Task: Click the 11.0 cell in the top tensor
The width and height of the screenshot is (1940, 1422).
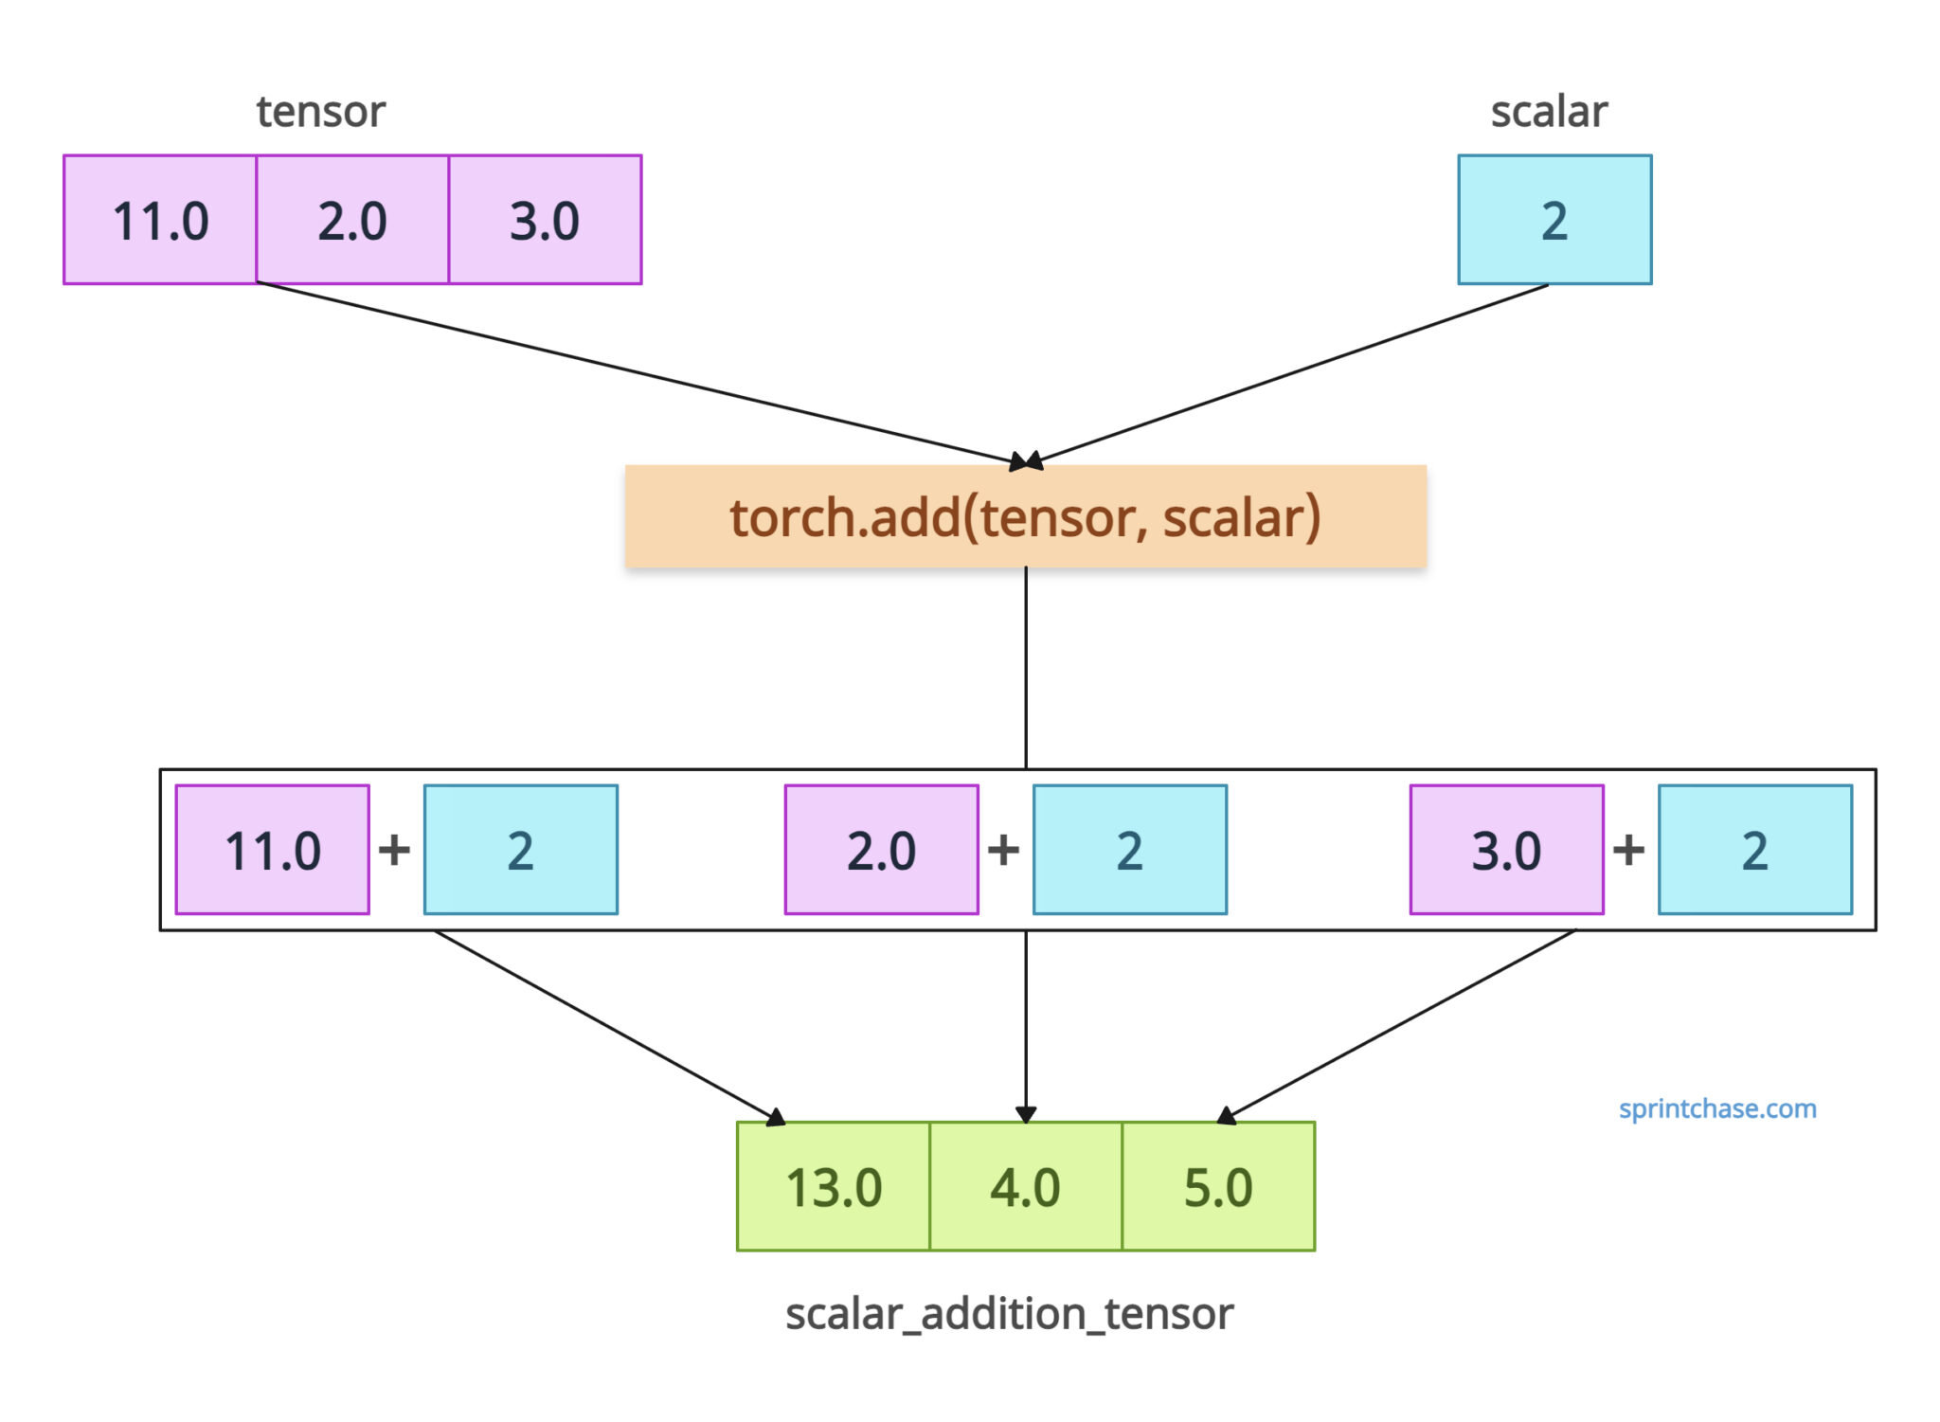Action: [160, 220]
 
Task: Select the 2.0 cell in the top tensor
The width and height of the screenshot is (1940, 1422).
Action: [352, 220]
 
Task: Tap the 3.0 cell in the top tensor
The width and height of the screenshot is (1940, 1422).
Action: [546, 220]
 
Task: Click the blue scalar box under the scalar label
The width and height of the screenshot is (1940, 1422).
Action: [1554, 220]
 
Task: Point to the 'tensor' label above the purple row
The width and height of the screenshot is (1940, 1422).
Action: [320, 112]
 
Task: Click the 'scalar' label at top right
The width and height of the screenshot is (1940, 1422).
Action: [1549, 112]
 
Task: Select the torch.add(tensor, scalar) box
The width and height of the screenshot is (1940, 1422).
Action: [1025, 516]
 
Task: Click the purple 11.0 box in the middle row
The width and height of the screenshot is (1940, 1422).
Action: [273, 850]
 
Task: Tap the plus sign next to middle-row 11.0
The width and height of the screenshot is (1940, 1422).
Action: [395, 850]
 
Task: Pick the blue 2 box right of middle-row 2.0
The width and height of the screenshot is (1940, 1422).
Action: [1129, 850]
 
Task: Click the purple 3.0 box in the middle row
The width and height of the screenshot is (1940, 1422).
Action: [1506, 850]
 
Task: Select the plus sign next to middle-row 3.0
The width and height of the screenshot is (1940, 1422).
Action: [1628, 850]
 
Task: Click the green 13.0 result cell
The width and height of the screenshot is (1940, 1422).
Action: [834, 1186]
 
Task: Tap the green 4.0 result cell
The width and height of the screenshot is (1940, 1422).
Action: [1025, 1186]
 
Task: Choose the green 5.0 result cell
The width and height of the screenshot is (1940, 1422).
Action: [1218, 1186]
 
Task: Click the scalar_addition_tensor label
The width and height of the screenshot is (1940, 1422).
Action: [1009, 1314]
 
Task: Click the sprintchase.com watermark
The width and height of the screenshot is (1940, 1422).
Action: [1716, 1108]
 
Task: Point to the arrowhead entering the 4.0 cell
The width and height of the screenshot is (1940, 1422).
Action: [1026, 1113]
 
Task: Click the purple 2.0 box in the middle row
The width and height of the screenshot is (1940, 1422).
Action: [881, 850]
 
